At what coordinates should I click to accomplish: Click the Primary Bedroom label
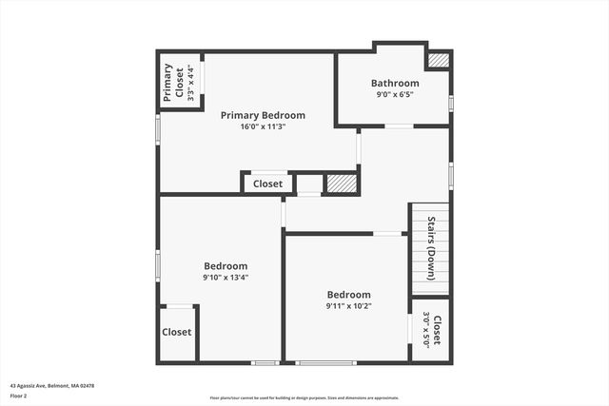263,116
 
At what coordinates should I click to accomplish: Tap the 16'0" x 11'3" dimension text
263,126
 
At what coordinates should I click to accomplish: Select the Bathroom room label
395,84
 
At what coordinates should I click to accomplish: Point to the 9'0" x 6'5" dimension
395,94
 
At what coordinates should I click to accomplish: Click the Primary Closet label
173,83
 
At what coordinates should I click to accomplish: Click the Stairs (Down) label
431,249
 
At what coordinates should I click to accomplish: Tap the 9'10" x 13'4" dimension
226,278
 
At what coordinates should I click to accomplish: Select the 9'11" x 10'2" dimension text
348,306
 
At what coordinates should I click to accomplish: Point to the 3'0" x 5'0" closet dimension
425,331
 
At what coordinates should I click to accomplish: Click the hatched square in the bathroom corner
438,60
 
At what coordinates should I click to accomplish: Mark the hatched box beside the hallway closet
341,184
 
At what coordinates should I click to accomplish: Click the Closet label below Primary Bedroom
267,184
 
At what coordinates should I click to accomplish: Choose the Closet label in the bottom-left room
176,333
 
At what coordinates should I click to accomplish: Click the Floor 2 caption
18,396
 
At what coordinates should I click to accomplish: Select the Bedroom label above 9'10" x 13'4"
226,266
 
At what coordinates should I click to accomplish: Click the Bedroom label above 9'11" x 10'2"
348,295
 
